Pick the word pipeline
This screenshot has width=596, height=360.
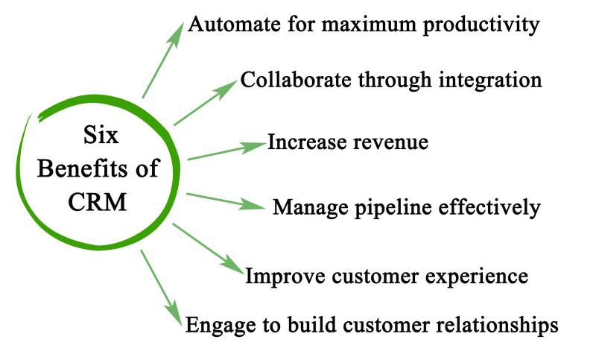point(379,208)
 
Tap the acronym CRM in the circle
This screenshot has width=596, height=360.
point(98,201)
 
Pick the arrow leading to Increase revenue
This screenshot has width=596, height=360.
point(226,151)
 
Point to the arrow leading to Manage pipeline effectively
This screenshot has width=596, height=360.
point(226,202)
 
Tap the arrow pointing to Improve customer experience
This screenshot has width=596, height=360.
point(208,250)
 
